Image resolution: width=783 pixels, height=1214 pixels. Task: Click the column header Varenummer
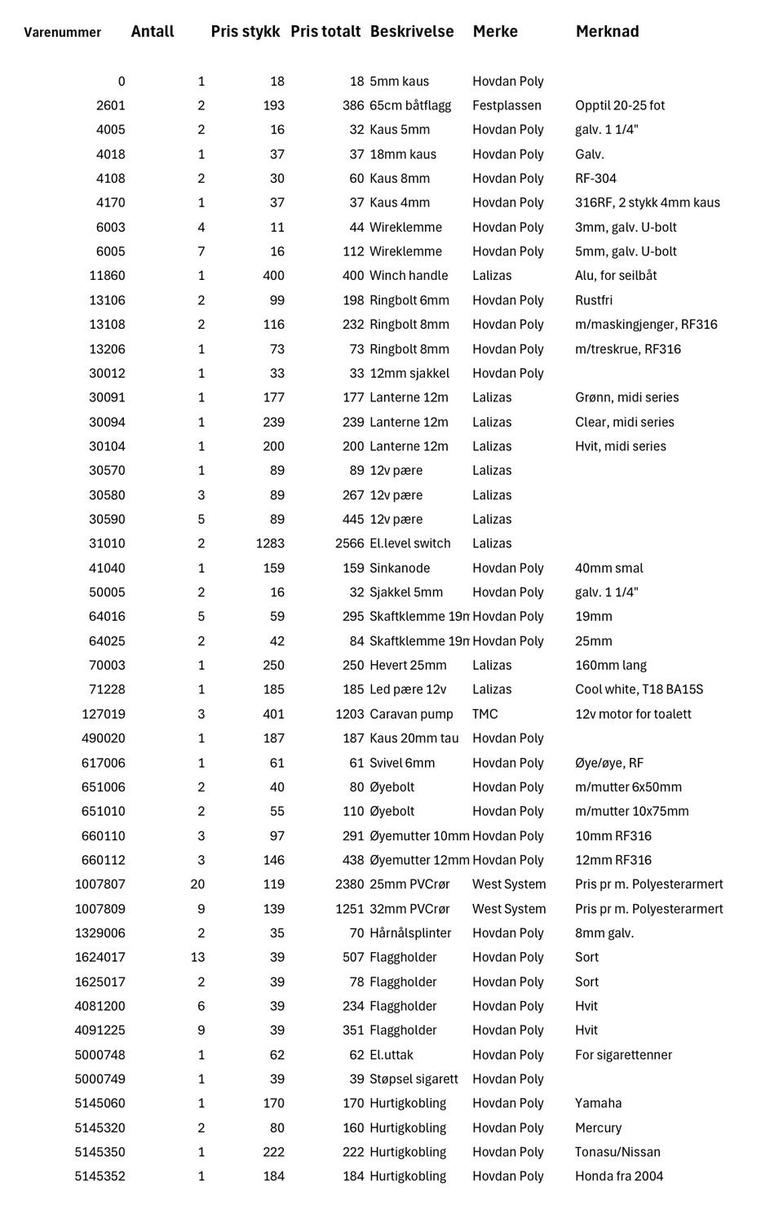coord(63,33)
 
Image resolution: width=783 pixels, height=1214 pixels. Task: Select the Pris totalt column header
coord(325,32)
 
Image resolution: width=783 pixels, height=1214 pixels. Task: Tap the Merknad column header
coord(607,32)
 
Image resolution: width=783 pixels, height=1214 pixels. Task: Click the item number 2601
coord(110,105)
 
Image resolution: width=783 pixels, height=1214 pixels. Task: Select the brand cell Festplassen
coord(507,105)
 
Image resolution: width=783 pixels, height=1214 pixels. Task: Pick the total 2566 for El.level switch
coord(349,543)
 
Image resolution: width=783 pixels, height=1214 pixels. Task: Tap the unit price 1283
coord(270,543)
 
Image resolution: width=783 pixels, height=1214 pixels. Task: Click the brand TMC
coord(484,714)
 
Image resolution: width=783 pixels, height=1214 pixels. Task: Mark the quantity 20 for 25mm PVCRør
coord(197,884)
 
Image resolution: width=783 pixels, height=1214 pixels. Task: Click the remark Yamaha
coord(598,1103)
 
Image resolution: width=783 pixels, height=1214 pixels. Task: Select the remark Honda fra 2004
coord(619,1176)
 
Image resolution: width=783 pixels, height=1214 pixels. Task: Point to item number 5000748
coord(100,1055)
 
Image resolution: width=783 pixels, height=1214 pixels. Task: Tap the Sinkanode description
coord(400,568)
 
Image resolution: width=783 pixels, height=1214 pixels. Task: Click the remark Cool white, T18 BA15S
coord(639,689)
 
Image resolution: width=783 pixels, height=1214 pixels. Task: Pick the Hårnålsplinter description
coord(410,933)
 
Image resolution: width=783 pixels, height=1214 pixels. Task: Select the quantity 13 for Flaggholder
coord(197,957)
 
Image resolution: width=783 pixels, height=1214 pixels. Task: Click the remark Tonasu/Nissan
coord(617,1152)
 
